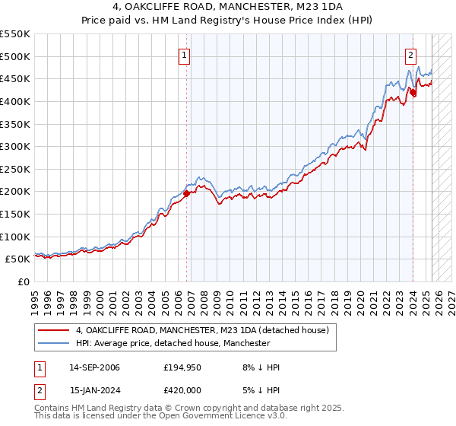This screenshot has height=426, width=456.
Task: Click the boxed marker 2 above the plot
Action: pyautogui.click(x=410, y=54)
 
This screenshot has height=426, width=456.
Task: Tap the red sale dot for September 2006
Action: pyautogui.click(x=187, y=193)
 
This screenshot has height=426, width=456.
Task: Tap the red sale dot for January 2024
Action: pyautogui.click(x=413, y=92)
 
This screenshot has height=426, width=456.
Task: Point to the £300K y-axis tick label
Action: pyautogui.click(x=15, y=146)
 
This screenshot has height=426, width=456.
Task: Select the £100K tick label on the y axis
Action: pyautogui.click(x=15, y=237)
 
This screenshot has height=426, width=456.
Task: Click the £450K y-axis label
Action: pyautogui.click(x=15, y=78)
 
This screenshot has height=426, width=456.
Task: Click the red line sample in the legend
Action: pyautogui.click(x=53, y=330)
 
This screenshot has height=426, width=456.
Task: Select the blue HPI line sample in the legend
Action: pyautogui.click(x=53, y=343)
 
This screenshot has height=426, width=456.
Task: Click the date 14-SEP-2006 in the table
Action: pyautogui.click(x=94, y=367)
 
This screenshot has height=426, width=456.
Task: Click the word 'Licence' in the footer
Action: pyautogui.click(x=209, y=417)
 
